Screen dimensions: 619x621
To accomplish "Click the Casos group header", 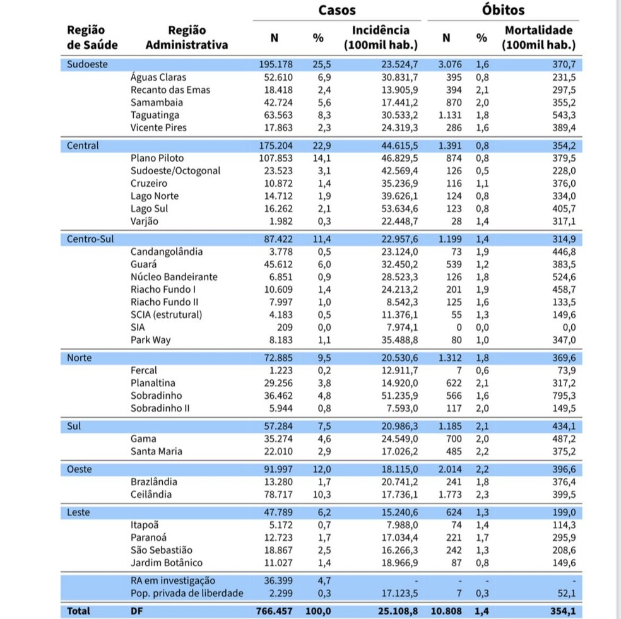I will [336, 10].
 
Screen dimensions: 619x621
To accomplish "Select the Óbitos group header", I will [502, 10].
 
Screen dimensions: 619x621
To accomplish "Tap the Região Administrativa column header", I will [187, 38].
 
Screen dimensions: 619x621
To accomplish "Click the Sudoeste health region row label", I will [87, 64].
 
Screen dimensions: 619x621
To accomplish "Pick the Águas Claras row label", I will [158, 78].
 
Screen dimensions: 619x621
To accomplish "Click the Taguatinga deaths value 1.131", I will [450, 115].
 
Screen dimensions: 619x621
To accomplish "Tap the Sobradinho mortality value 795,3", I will [564, 396].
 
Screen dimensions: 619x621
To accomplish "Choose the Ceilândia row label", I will [151, 495].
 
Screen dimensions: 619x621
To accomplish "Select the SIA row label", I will [138, 327].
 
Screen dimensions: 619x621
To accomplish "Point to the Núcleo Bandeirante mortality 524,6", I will [564, 277].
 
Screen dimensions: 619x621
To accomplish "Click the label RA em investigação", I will [173, 581].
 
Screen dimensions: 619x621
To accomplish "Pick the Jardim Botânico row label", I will [167, 563].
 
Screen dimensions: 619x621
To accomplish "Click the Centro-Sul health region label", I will [91, 239].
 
